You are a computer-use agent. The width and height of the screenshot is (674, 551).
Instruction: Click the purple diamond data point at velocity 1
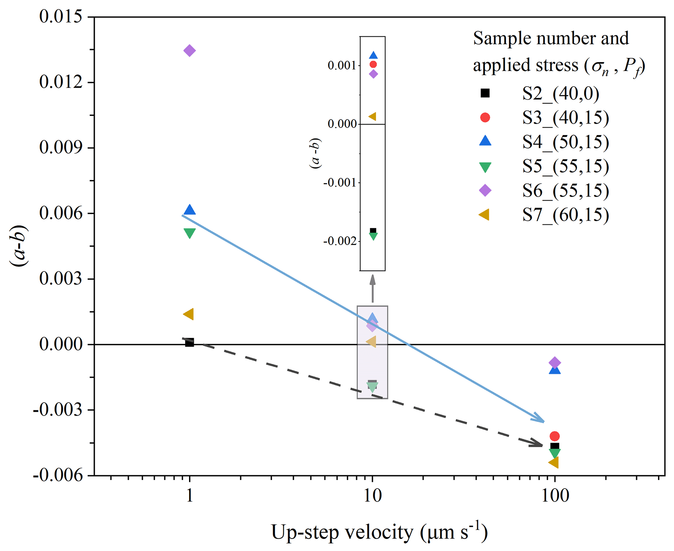[189, 50]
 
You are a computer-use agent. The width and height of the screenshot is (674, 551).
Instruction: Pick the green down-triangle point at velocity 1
[189, 233]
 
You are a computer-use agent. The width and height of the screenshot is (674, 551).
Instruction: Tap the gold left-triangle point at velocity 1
[189, 314]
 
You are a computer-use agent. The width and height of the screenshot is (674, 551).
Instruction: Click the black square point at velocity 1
[189, 343]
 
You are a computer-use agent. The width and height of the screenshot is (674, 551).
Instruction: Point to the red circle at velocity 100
[554, 436]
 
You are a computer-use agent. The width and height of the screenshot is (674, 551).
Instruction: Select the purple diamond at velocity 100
[554, 362]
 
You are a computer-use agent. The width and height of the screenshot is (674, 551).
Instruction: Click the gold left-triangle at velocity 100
[554, 462]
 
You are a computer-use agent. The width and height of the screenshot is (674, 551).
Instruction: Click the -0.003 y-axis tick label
[58, 410]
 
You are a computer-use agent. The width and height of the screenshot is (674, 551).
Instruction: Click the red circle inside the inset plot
[373, 64]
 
